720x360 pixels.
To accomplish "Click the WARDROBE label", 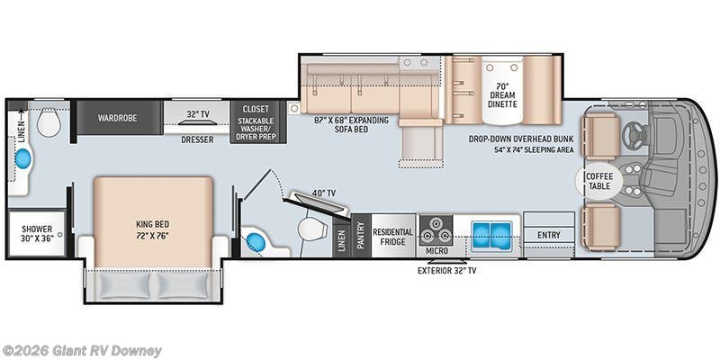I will pyautogui.click(x=117, y=117).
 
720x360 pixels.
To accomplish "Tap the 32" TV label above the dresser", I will pyautogui.click(x=197, y=114).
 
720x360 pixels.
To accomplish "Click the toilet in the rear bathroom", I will pyautogui.click(x=49, y=122).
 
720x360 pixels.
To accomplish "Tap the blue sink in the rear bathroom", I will pyautogui.click(x=23, y=159).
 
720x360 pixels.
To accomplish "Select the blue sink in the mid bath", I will pyautogui.click(x=257, y=242).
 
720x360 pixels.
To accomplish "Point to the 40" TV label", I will pyautogui.click(x=323, y=193).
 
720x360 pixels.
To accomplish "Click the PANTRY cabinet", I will pyautogui.click(x=360, y=237).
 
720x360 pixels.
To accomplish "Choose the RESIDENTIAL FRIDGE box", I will pyautogui.click(x=394, y=236).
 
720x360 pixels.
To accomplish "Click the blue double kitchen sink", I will pyautogui.click(x=489, y=231).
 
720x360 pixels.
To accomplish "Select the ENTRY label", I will pyautogui.click(x=548, y=235).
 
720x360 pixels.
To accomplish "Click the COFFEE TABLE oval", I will pyautogui.click(x=598, y=181).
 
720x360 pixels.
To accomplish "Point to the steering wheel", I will pyautogui.click(x=636, y=135).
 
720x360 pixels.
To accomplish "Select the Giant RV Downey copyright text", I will pyautogui.click(x=82, y=350).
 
